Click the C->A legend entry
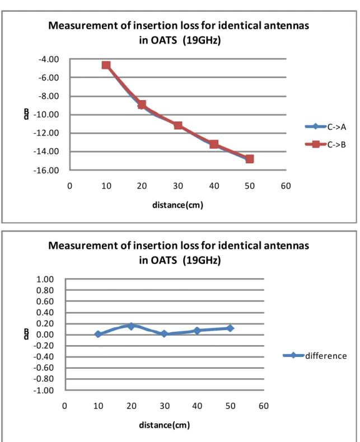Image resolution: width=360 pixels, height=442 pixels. (325, 126)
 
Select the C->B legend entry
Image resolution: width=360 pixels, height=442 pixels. (325, 144)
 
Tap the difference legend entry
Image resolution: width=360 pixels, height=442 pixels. (315, 355)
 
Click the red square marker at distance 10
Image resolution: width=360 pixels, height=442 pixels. (106, 65)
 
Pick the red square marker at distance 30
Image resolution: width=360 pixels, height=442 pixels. (178, 125)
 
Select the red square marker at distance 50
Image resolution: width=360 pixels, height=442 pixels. (250, 159)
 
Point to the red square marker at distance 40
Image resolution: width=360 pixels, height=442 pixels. (214, 144)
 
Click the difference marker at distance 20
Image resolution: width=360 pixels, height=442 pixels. (131, 326)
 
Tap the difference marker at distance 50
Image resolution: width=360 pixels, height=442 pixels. (230, 328)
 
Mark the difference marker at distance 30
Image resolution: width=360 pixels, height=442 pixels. (164, 334)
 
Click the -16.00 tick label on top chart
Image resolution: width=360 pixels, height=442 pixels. (46, 170)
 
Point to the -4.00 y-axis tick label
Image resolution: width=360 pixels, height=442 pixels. (49, 59)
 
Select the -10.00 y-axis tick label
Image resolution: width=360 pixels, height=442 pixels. (46, 115)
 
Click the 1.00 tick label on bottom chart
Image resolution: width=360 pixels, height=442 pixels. (45, 279)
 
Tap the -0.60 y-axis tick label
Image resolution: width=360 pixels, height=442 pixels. (44, 368)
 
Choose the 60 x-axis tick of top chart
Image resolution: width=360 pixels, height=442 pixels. (286, 186)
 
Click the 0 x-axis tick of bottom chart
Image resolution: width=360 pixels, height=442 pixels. (64, 406)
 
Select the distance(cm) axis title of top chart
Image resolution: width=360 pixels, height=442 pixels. (177, 205)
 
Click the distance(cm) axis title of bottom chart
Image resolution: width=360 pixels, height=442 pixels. (165, 425)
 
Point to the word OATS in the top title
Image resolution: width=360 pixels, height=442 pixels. (163, 40)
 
